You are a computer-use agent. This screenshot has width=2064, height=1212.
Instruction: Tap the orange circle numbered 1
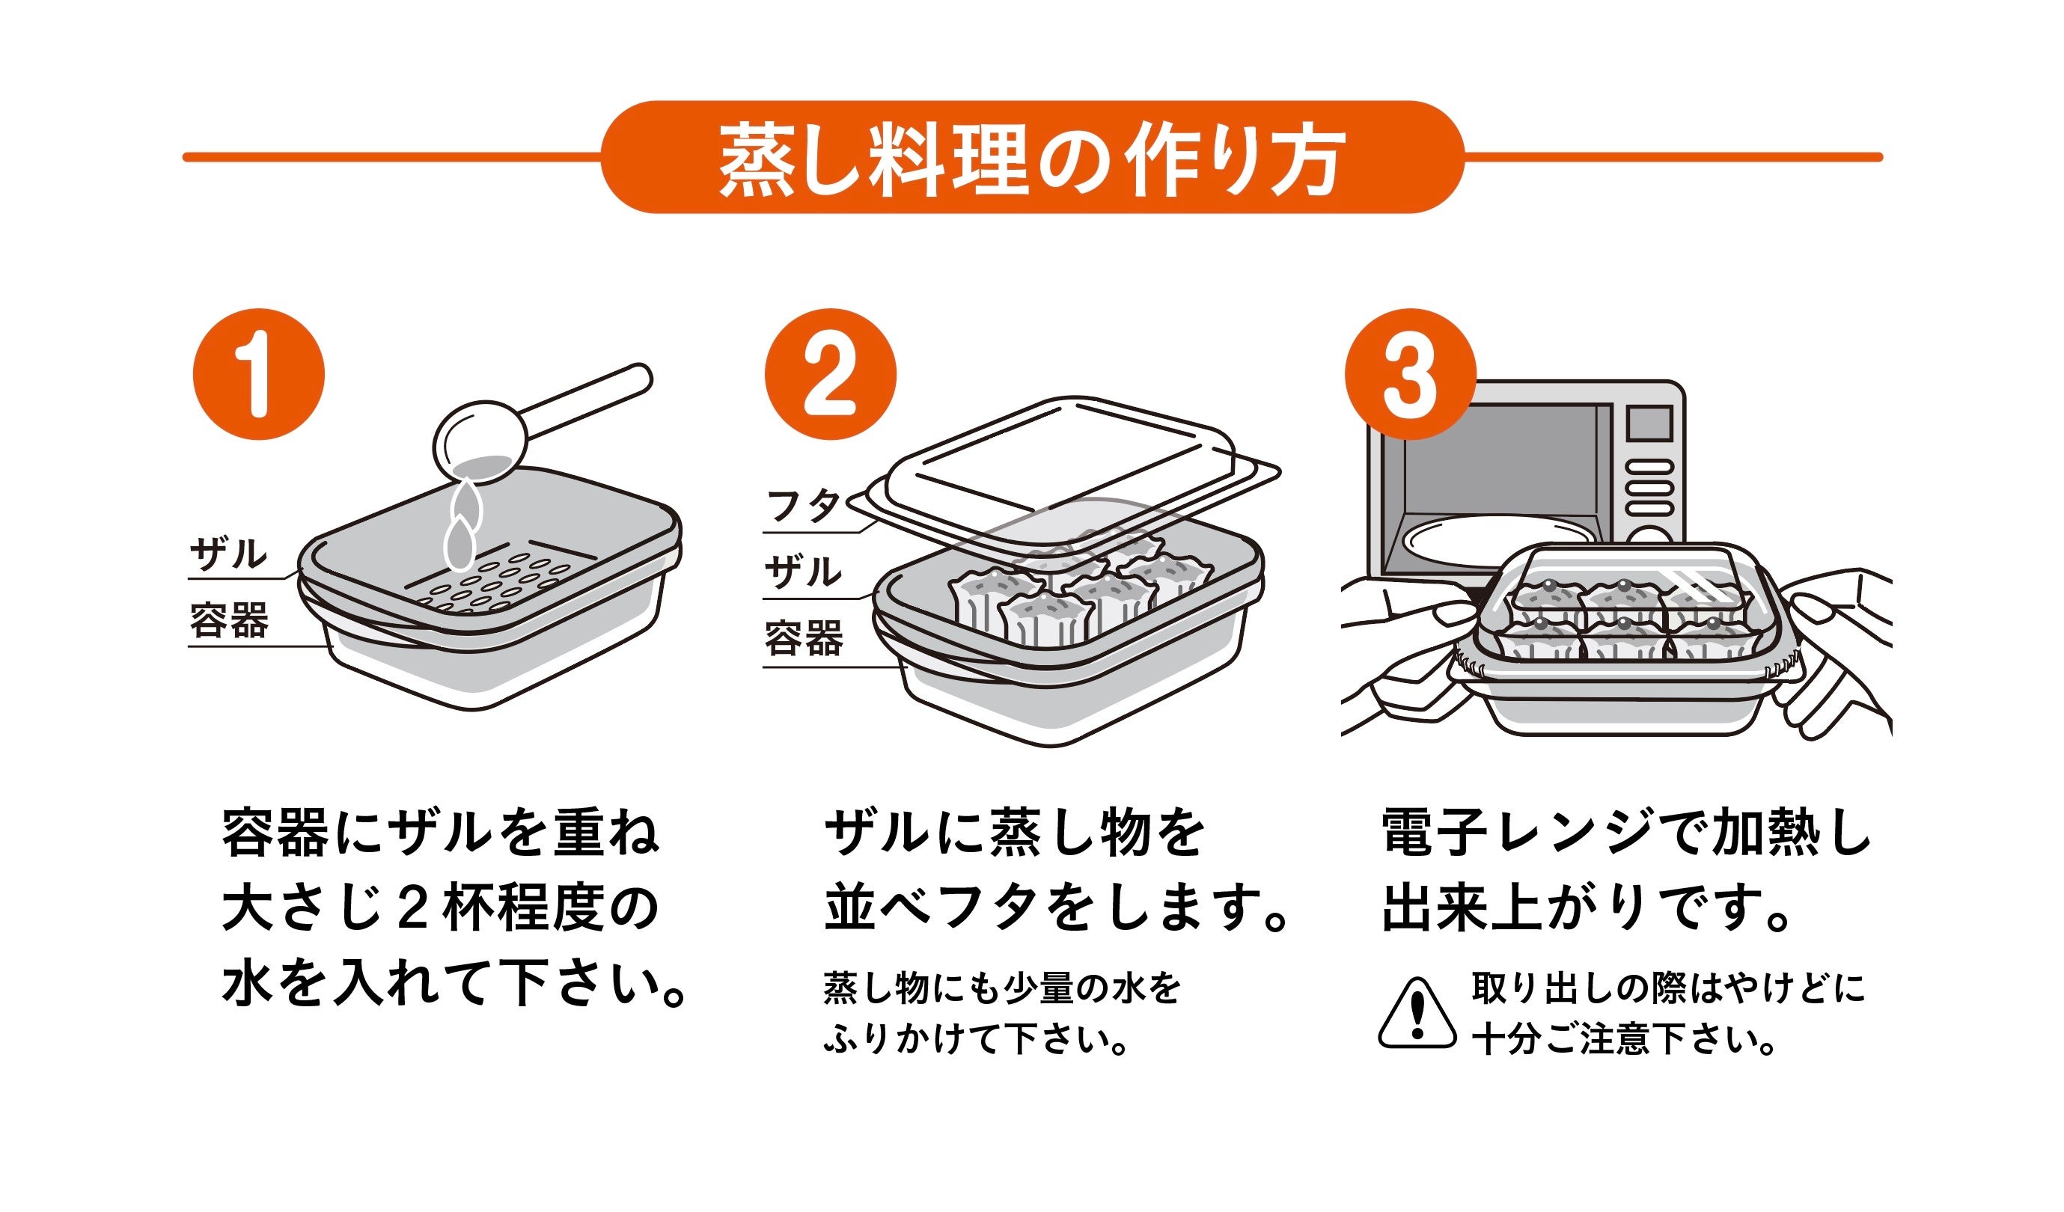coord(259,374)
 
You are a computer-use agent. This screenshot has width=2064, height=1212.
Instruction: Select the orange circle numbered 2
coord(830,374)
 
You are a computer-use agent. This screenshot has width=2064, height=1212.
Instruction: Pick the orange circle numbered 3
coord(1410,374)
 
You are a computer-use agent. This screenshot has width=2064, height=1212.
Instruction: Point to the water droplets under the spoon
coord(463,524)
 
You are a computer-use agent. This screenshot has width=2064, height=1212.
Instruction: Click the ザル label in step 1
coord(228,554)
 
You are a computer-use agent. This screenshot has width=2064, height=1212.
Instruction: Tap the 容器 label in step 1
coord(228,621)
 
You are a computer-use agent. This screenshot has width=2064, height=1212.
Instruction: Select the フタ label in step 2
coord(803,506)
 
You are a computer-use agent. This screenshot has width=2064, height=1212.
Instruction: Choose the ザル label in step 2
coord(803,572)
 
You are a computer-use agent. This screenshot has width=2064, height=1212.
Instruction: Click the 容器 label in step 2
coord(803,639)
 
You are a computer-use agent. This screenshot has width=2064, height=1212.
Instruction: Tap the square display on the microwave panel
coord(1649,423)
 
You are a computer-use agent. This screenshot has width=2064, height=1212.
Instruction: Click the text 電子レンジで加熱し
coord(1625,833)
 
